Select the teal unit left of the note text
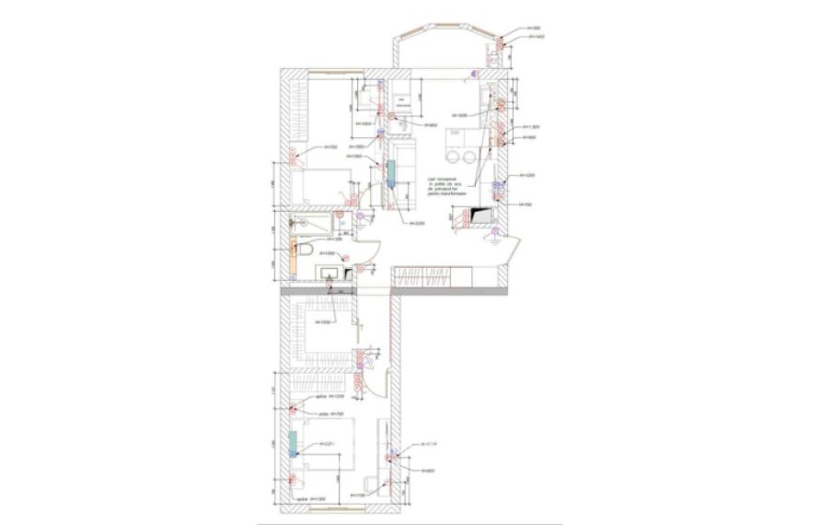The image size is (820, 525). coord(392,173)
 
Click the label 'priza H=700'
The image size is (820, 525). coord(330,414)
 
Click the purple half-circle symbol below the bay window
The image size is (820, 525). coord(474,73)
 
